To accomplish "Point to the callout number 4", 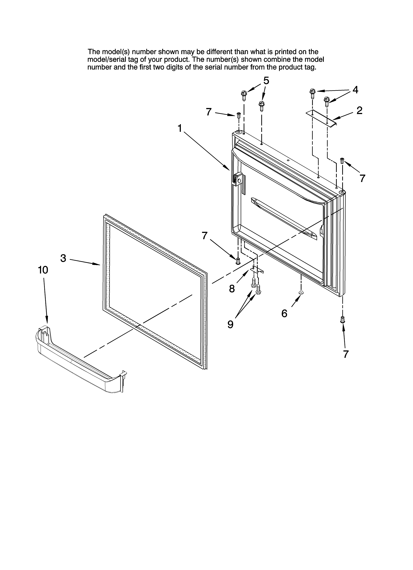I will coord(355,90).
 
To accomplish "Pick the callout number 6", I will coord(284,313).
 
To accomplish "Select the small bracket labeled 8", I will coord(257,269).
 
